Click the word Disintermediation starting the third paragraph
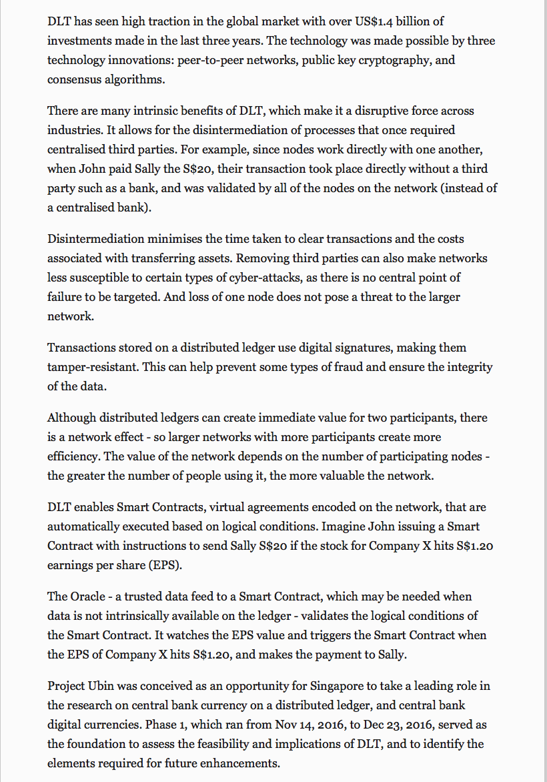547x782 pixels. click(x=95, y=238)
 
